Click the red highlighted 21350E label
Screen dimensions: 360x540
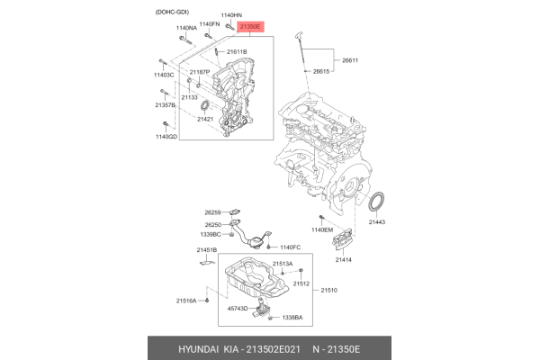[x=249, y=28]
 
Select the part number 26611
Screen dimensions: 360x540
[x=350, y=60]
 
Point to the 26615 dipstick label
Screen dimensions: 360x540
[x=323, y=70]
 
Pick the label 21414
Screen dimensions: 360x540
[x=345, y=260]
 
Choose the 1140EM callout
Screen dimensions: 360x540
[x=322, y=230]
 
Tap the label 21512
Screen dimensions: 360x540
[x=301, y=283]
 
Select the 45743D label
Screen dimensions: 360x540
[x=238, y=309]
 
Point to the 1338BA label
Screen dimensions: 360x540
[x=292, y=318]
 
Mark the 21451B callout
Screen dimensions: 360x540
[x=206, y=249]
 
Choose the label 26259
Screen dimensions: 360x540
[x=212, y=212]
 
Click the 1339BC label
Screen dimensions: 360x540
[x=210, y=234]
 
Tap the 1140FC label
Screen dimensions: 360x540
[x=290, y=247]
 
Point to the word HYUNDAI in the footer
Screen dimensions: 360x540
[x=181, y=348]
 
